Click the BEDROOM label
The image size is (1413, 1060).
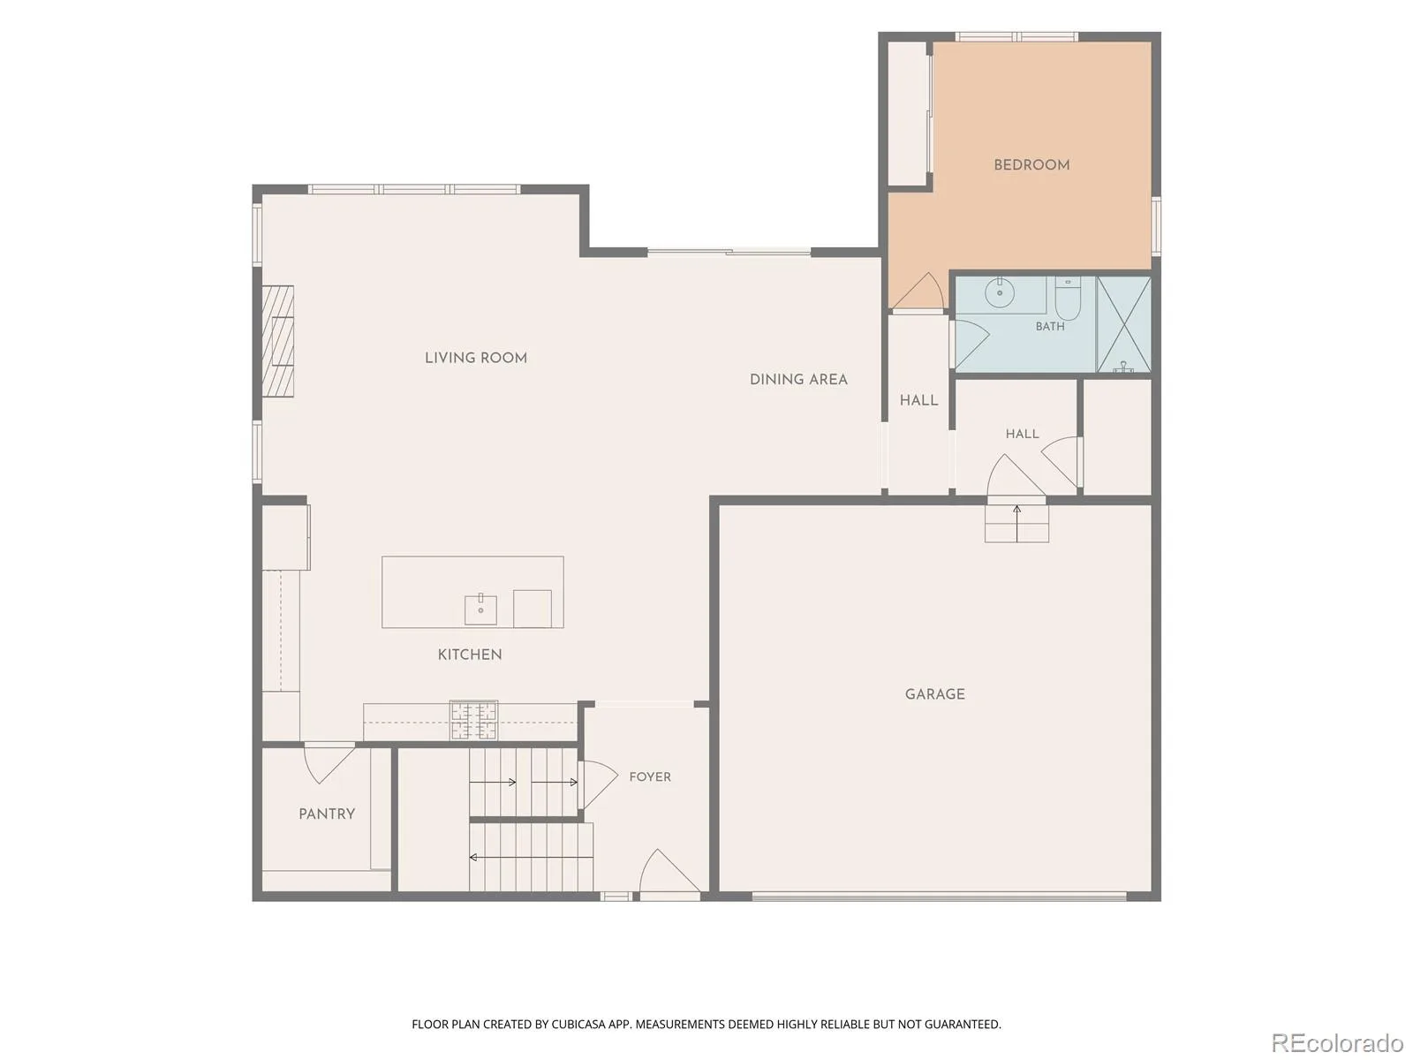1031,165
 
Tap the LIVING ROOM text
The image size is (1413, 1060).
476,358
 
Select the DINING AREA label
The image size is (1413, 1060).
798,380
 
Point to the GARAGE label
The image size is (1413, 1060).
934,694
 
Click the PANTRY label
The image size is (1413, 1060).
327,814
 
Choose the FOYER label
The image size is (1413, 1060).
649,776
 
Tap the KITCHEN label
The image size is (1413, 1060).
469,655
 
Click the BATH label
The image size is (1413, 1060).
1050,327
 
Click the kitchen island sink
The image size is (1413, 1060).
480,609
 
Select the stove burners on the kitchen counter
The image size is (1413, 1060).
473,720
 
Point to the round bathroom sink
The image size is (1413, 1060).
999,294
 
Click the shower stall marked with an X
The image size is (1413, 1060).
1123,324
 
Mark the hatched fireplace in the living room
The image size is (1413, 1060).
278,341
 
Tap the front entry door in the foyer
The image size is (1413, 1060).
669,872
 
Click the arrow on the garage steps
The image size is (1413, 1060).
1017,523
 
